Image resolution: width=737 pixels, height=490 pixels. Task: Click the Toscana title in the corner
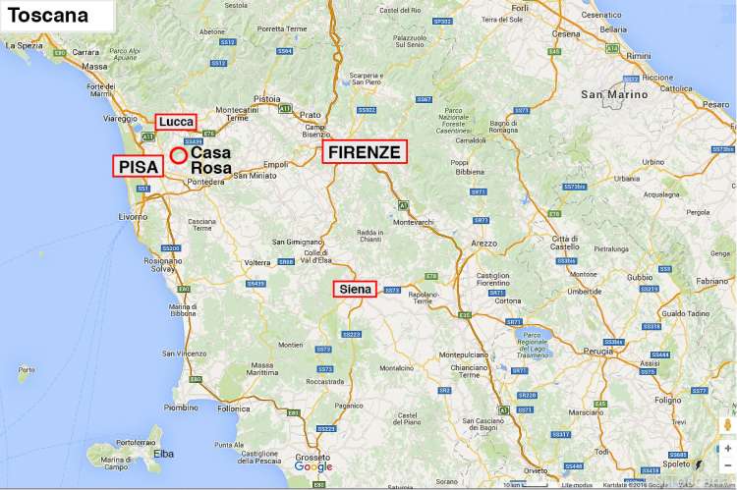tap(48, 16)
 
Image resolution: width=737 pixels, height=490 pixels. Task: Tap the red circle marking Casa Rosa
tap(178, 155)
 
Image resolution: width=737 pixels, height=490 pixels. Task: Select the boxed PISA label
tap(138, 167)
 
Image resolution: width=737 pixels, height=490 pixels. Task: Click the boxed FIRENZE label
tap(364, 152)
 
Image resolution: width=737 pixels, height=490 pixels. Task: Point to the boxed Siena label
tap(355, 289)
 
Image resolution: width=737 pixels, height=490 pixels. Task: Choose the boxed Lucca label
tap(176, 122)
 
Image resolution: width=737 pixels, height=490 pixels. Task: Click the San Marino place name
tap(614, 94)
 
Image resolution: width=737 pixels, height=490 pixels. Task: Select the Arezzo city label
tap(484, 242)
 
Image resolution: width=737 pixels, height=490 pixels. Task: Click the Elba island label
tap(164, 454)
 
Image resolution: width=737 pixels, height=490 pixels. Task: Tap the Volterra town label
tap(256, 263)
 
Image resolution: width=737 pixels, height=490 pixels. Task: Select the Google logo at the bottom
tap(313, 467)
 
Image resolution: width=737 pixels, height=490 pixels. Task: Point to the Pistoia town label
tap(266, 99)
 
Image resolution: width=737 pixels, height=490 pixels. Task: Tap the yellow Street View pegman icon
tap(726, 425)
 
